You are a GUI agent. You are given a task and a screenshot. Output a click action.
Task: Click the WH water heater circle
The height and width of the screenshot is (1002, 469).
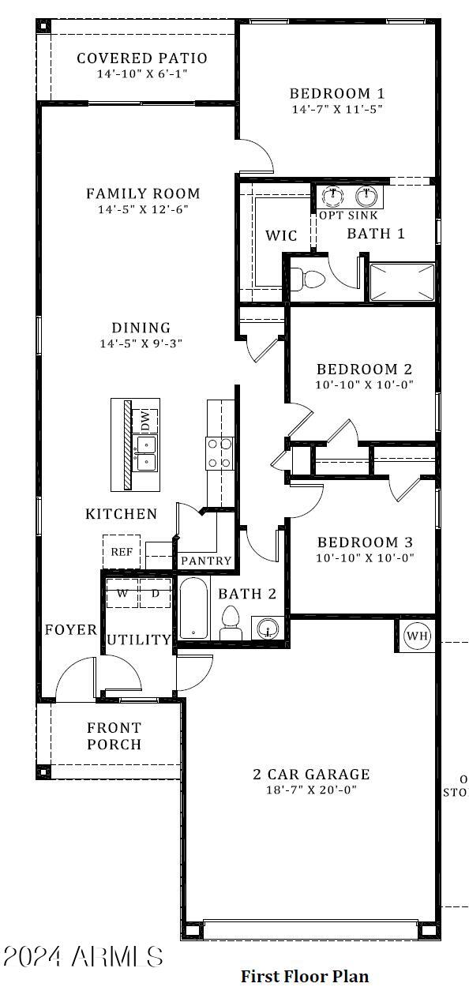pyautogui.click(x=417, y=635)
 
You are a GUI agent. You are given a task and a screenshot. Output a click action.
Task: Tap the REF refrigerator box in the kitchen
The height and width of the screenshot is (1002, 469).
pyautogui.click(x=122, y=552)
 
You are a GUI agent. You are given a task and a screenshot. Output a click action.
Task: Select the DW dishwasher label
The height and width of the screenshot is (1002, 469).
pyautogui.click(x=146, y=421)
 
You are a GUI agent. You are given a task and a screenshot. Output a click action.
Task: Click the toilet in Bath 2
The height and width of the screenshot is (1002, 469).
pyautogui.click(x=231, y=622)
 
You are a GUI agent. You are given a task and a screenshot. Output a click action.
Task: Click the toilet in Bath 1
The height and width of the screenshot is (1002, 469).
pyautogui.click(x=308, y=279)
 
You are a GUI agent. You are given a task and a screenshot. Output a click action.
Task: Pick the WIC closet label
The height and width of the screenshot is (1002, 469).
pyautogui.click(x=281, y=235)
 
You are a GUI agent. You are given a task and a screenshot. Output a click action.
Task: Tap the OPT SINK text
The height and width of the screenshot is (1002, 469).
pyautogui.click(x=348, y=215)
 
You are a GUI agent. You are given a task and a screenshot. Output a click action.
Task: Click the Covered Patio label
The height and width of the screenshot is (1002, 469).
pyautogui.click(x=142, y=58)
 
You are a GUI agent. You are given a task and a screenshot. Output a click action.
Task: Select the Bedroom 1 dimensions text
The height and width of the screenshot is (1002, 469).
pyautogui.click(x=336, y=110)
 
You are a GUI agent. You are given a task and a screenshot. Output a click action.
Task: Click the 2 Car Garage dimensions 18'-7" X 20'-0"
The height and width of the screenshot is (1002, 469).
pyautogui.click(x=306, y=790)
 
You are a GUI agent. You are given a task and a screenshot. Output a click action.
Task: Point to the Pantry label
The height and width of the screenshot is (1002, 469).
pyautogui.click(x=206, y=561)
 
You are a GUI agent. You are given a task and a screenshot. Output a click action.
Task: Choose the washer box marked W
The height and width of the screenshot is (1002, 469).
pyautogui.click(x=123, y=593)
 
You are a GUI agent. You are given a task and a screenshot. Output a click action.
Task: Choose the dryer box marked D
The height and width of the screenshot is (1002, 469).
pyautogui.click(x=156, y=593)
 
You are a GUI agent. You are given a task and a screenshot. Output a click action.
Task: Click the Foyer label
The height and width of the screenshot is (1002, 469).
pyautogui.click(x=70, y=630)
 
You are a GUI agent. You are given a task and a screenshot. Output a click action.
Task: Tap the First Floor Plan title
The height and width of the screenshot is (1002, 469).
pyautogui.click(x=304, y=977)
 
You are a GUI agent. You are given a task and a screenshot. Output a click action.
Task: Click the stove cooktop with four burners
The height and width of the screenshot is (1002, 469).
pyautogui.click(x=219, y=452)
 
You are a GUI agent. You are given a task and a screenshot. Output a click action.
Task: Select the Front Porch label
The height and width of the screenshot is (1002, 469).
pyautogui.click(x=114, y=736)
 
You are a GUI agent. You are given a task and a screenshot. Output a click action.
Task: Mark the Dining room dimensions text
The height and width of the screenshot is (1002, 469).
pyautogui.click(x=141, y=343)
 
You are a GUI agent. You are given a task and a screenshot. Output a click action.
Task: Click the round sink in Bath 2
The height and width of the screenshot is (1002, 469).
pyautogui.click(x=268, y=629)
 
